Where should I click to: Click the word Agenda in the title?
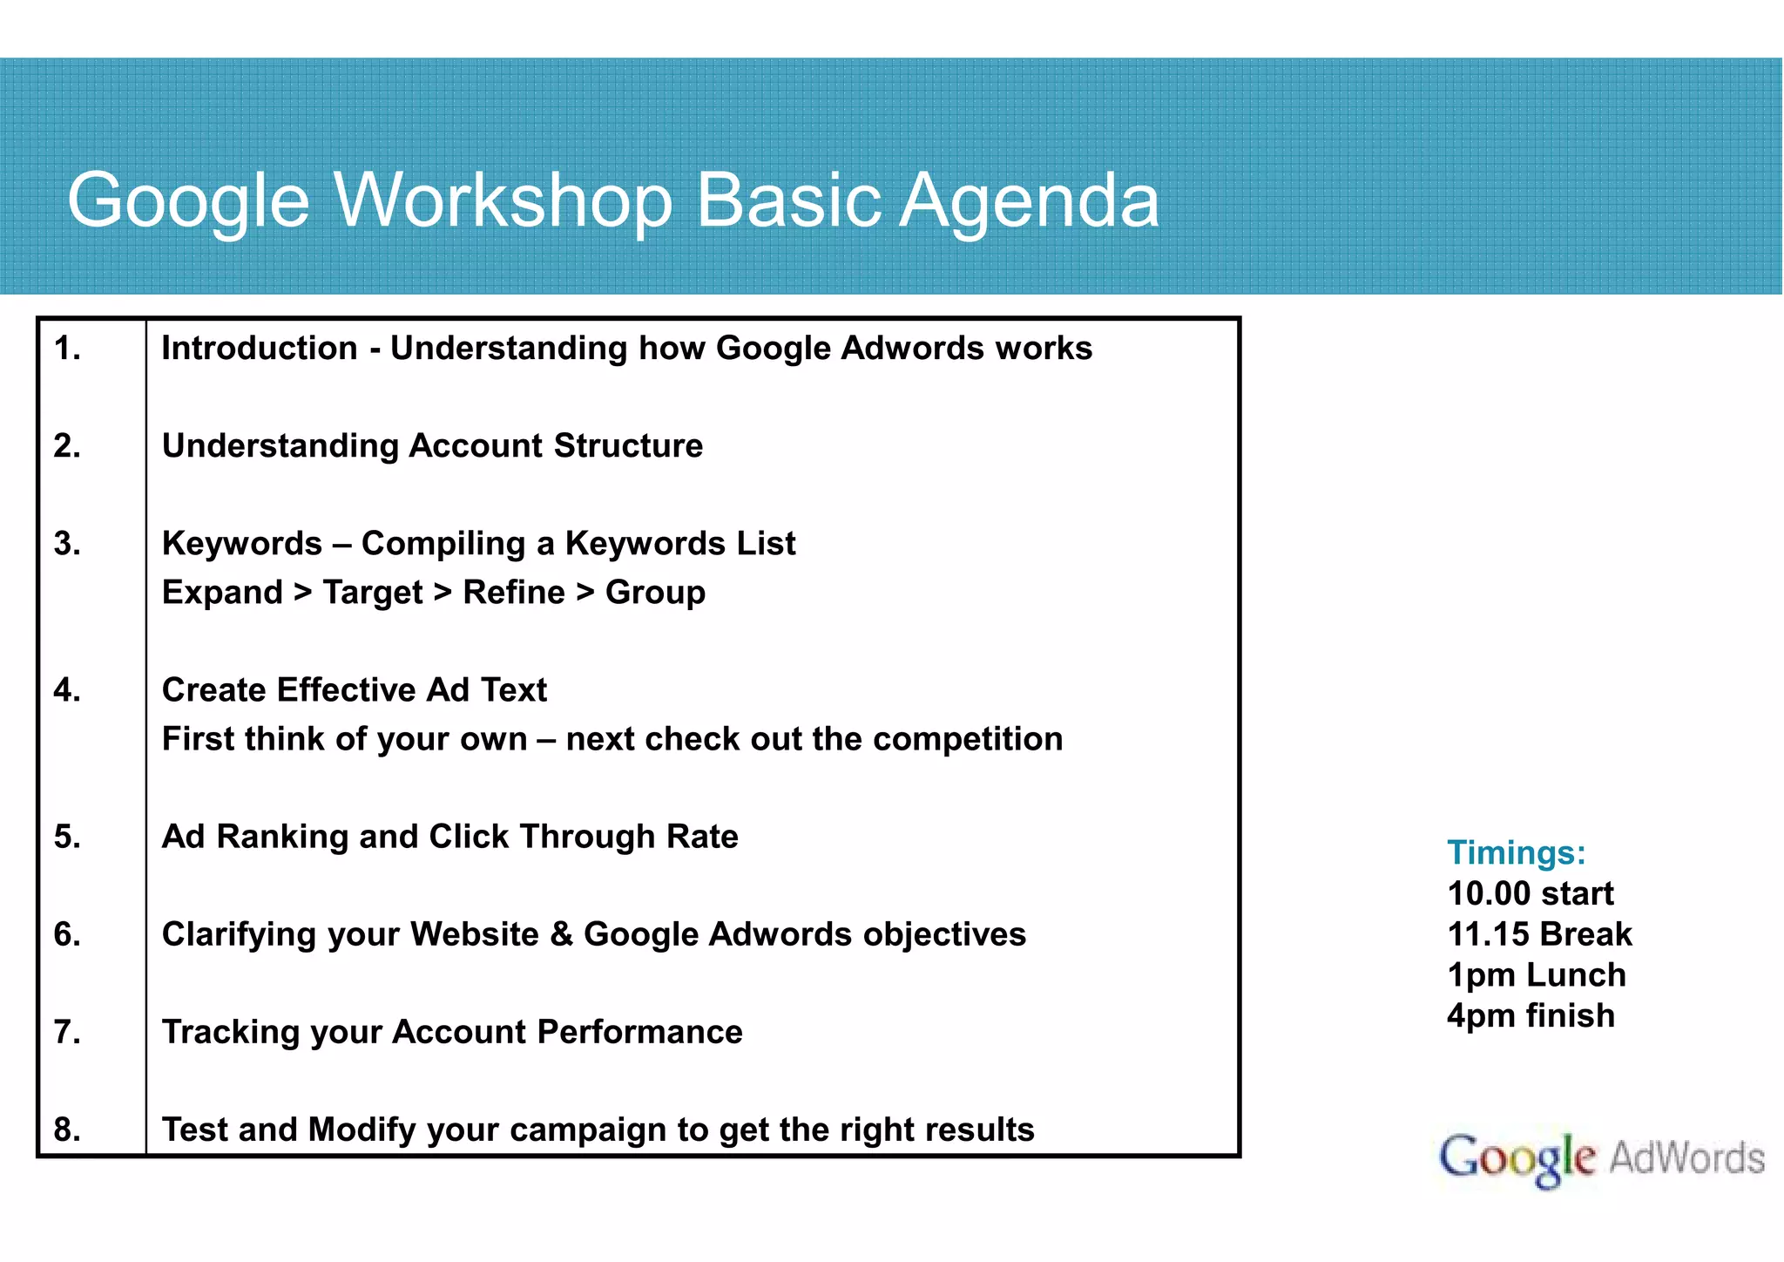pyautogui.click(x=1029, y=202)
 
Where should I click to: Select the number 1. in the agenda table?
pyautogui.click(x=67, y=349)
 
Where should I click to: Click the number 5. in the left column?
pyautogui.click(x=67, y=837)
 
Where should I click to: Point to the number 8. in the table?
pyautogui.click(x=67, y=1130)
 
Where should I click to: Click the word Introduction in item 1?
pyautogui.click(x=259, y=349)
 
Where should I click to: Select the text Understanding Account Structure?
pyautogui.click(x=432, y=446)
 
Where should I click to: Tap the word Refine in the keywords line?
pyautogui.click(x=513, y=593)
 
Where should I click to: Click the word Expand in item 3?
pyautogui.click(x=222, y=593)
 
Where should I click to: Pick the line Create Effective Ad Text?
pyautogui.click(x=354, y=690)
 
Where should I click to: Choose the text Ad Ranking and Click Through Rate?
pyautogui.click(x=449, y=837)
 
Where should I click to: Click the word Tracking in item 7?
pyautogui.click(x=230, y=1032)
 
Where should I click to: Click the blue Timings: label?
pyautogui.click(x=1516, y=852)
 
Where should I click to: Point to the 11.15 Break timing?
pyautogui.click(x=1538, y=934)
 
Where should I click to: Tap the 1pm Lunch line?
pyautogui.click(x=1536, y=975)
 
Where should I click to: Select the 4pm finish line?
pyautogui.click(x=1531, y=1016)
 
